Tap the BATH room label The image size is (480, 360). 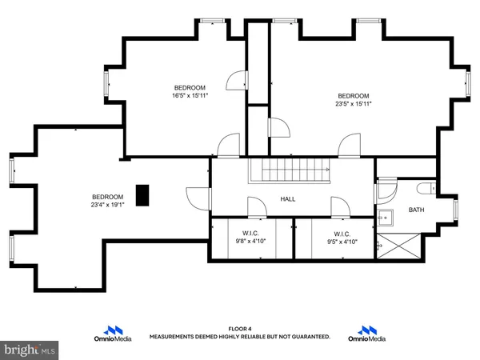tap(416, 210)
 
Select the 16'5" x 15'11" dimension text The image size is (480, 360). tap(190, 96)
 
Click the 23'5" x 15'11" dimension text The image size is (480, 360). tap(353, 103)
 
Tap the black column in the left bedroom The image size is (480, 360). tap(142, 194)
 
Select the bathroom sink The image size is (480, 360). tap(384, 216)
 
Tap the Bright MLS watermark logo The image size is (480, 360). tap(29, 350)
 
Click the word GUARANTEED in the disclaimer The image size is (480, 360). tap(306, 337)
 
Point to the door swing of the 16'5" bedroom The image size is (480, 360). tap(235, 80)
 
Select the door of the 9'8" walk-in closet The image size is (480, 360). tap(257, 208)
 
